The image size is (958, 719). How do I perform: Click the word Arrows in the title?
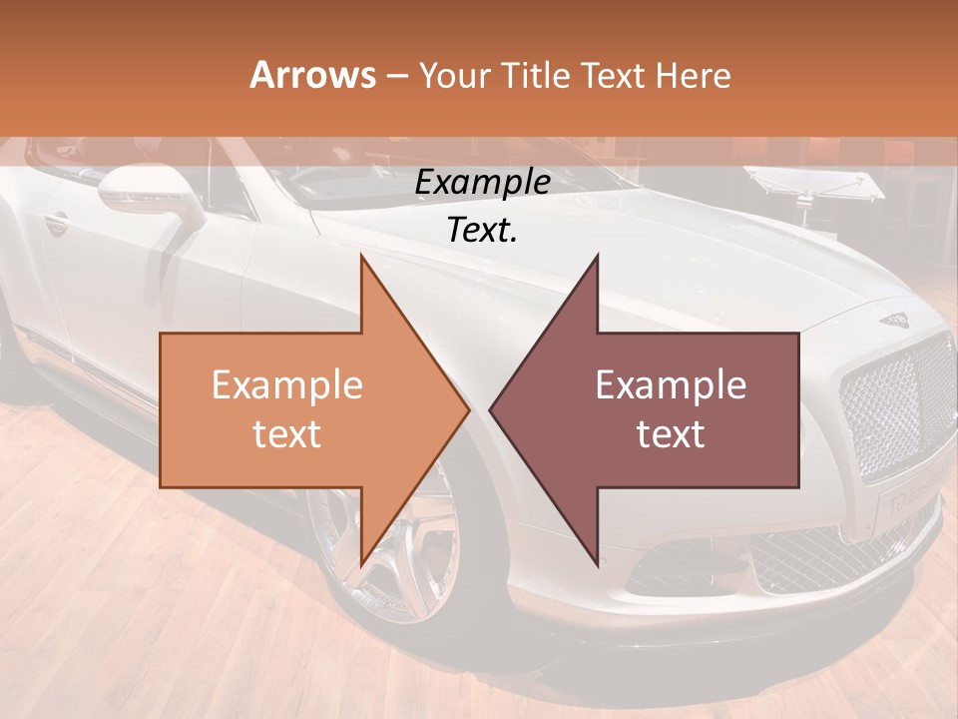pyautogui.click(x=313, y=75)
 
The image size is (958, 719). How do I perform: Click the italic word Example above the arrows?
pyautogui.click(x=482, y=184)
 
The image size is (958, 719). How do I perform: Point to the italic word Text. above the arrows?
pyautogui.click(x=482, y=231)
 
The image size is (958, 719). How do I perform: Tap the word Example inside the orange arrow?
pyautogui.click(x=286, y=385)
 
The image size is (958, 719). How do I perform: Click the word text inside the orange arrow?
pyautogui.click(x=286, y=433)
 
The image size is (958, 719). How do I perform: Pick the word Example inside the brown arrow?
pyautogui.click(x=671, y=385)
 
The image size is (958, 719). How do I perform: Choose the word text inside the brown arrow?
pyautogui.click(x=671, y=433)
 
